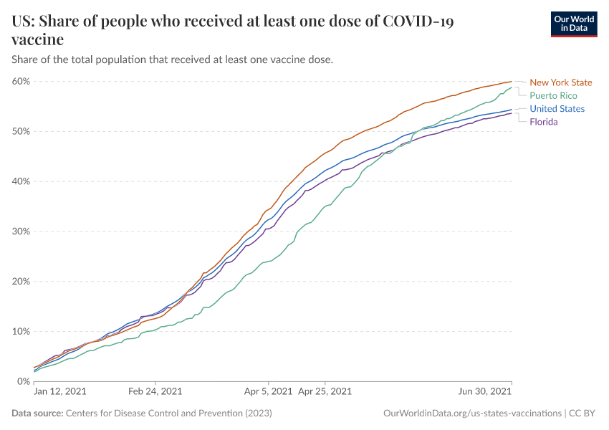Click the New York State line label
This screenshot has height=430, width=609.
(x=561, y=82)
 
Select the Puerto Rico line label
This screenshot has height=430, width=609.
(x=553, y=95)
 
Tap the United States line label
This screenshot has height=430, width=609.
(x=557, y=109)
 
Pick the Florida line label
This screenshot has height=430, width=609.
(x=543, y=122)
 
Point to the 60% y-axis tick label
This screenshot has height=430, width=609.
(x=21, y=81)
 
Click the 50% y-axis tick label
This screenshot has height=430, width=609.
(x=21, y=131)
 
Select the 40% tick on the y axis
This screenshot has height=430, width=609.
(x=21, y=181)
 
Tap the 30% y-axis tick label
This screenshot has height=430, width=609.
(x=21, y=231)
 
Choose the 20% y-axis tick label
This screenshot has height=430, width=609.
(x=21, y=282)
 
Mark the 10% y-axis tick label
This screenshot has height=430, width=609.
(x=21, y=332)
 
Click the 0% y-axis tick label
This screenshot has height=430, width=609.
(x=23, y=381)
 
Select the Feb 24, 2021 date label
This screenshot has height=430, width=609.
(x=155, y=392)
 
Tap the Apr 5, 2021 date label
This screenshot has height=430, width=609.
(x=268, y=392)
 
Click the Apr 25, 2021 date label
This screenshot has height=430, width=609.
(x=325, y=392)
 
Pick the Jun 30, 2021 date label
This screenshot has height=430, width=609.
(x=486, y=392)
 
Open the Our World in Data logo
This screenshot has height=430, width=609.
(x=573, y=24)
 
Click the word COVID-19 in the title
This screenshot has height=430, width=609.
(x=418, y=21)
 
